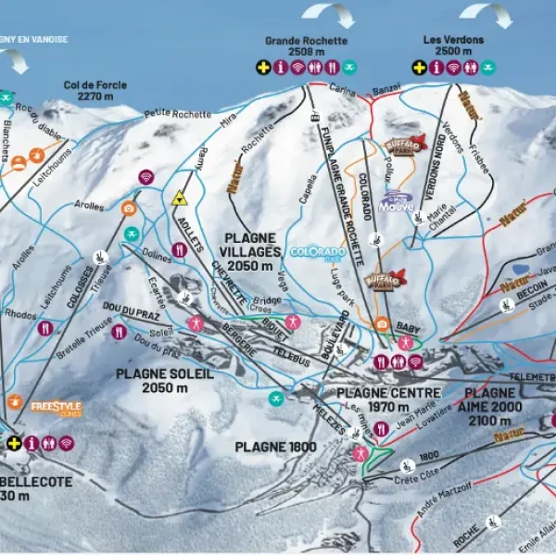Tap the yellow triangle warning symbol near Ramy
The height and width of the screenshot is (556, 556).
179,198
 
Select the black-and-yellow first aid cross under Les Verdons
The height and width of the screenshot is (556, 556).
419,67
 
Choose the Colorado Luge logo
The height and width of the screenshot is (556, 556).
318,251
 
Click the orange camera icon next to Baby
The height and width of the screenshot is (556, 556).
381,324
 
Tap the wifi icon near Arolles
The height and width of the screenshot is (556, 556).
146,177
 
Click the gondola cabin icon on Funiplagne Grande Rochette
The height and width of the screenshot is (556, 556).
315,117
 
